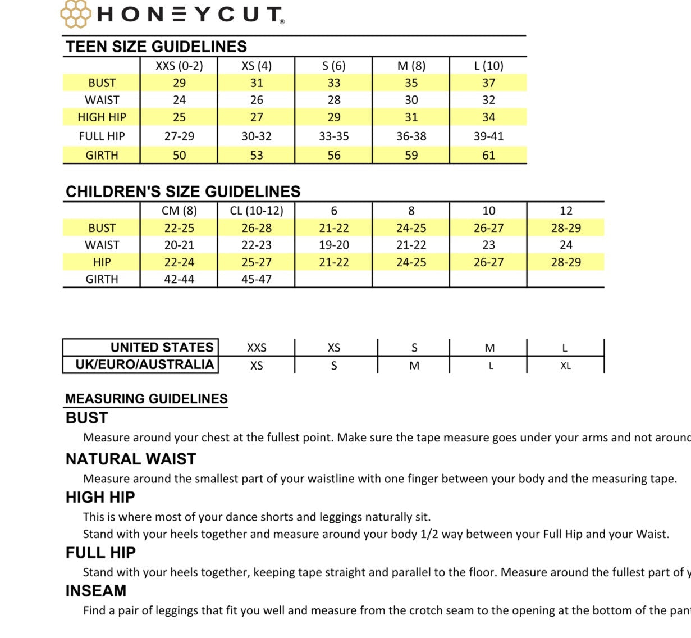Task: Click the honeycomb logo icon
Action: (x=75, y=13)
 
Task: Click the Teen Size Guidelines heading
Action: (x=156, y=47)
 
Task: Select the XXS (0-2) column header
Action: (x=179, y=66)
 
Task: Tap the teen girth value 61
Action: (x=488, y=155)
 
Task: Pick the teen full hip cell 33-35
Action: (x=333, y=136)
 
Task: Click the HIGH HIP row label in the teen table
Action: (x=102, y=117)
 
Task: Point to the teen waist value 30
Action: (x=411, y=100)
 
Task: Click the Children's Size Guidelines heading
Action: (x=183, y=192)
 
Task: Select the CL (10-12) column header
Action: (x=257, y=211)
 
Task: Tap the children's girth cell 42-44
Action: (x=179, y=279)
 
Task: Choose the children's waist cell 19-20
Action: (x=333, y=245)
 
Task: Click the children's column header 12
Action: (x=566, y=211)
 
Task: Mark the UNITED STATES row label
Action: (x=162, y=347)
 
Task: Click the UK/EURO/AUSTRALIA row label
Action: (x=145, y=364)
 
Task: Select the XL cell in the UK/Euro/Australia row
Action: (x=565, y=366)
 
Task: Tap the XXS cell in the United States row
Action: (x=257, y=348)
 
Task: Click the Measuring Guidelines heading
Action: (x=146, y=399)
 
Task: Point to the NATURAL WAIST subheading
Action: (x=131, y=459)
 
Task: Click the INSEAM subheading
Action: (x=96, y=591)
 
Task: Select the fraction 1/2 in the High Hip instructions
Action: (x=429, y=534)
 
